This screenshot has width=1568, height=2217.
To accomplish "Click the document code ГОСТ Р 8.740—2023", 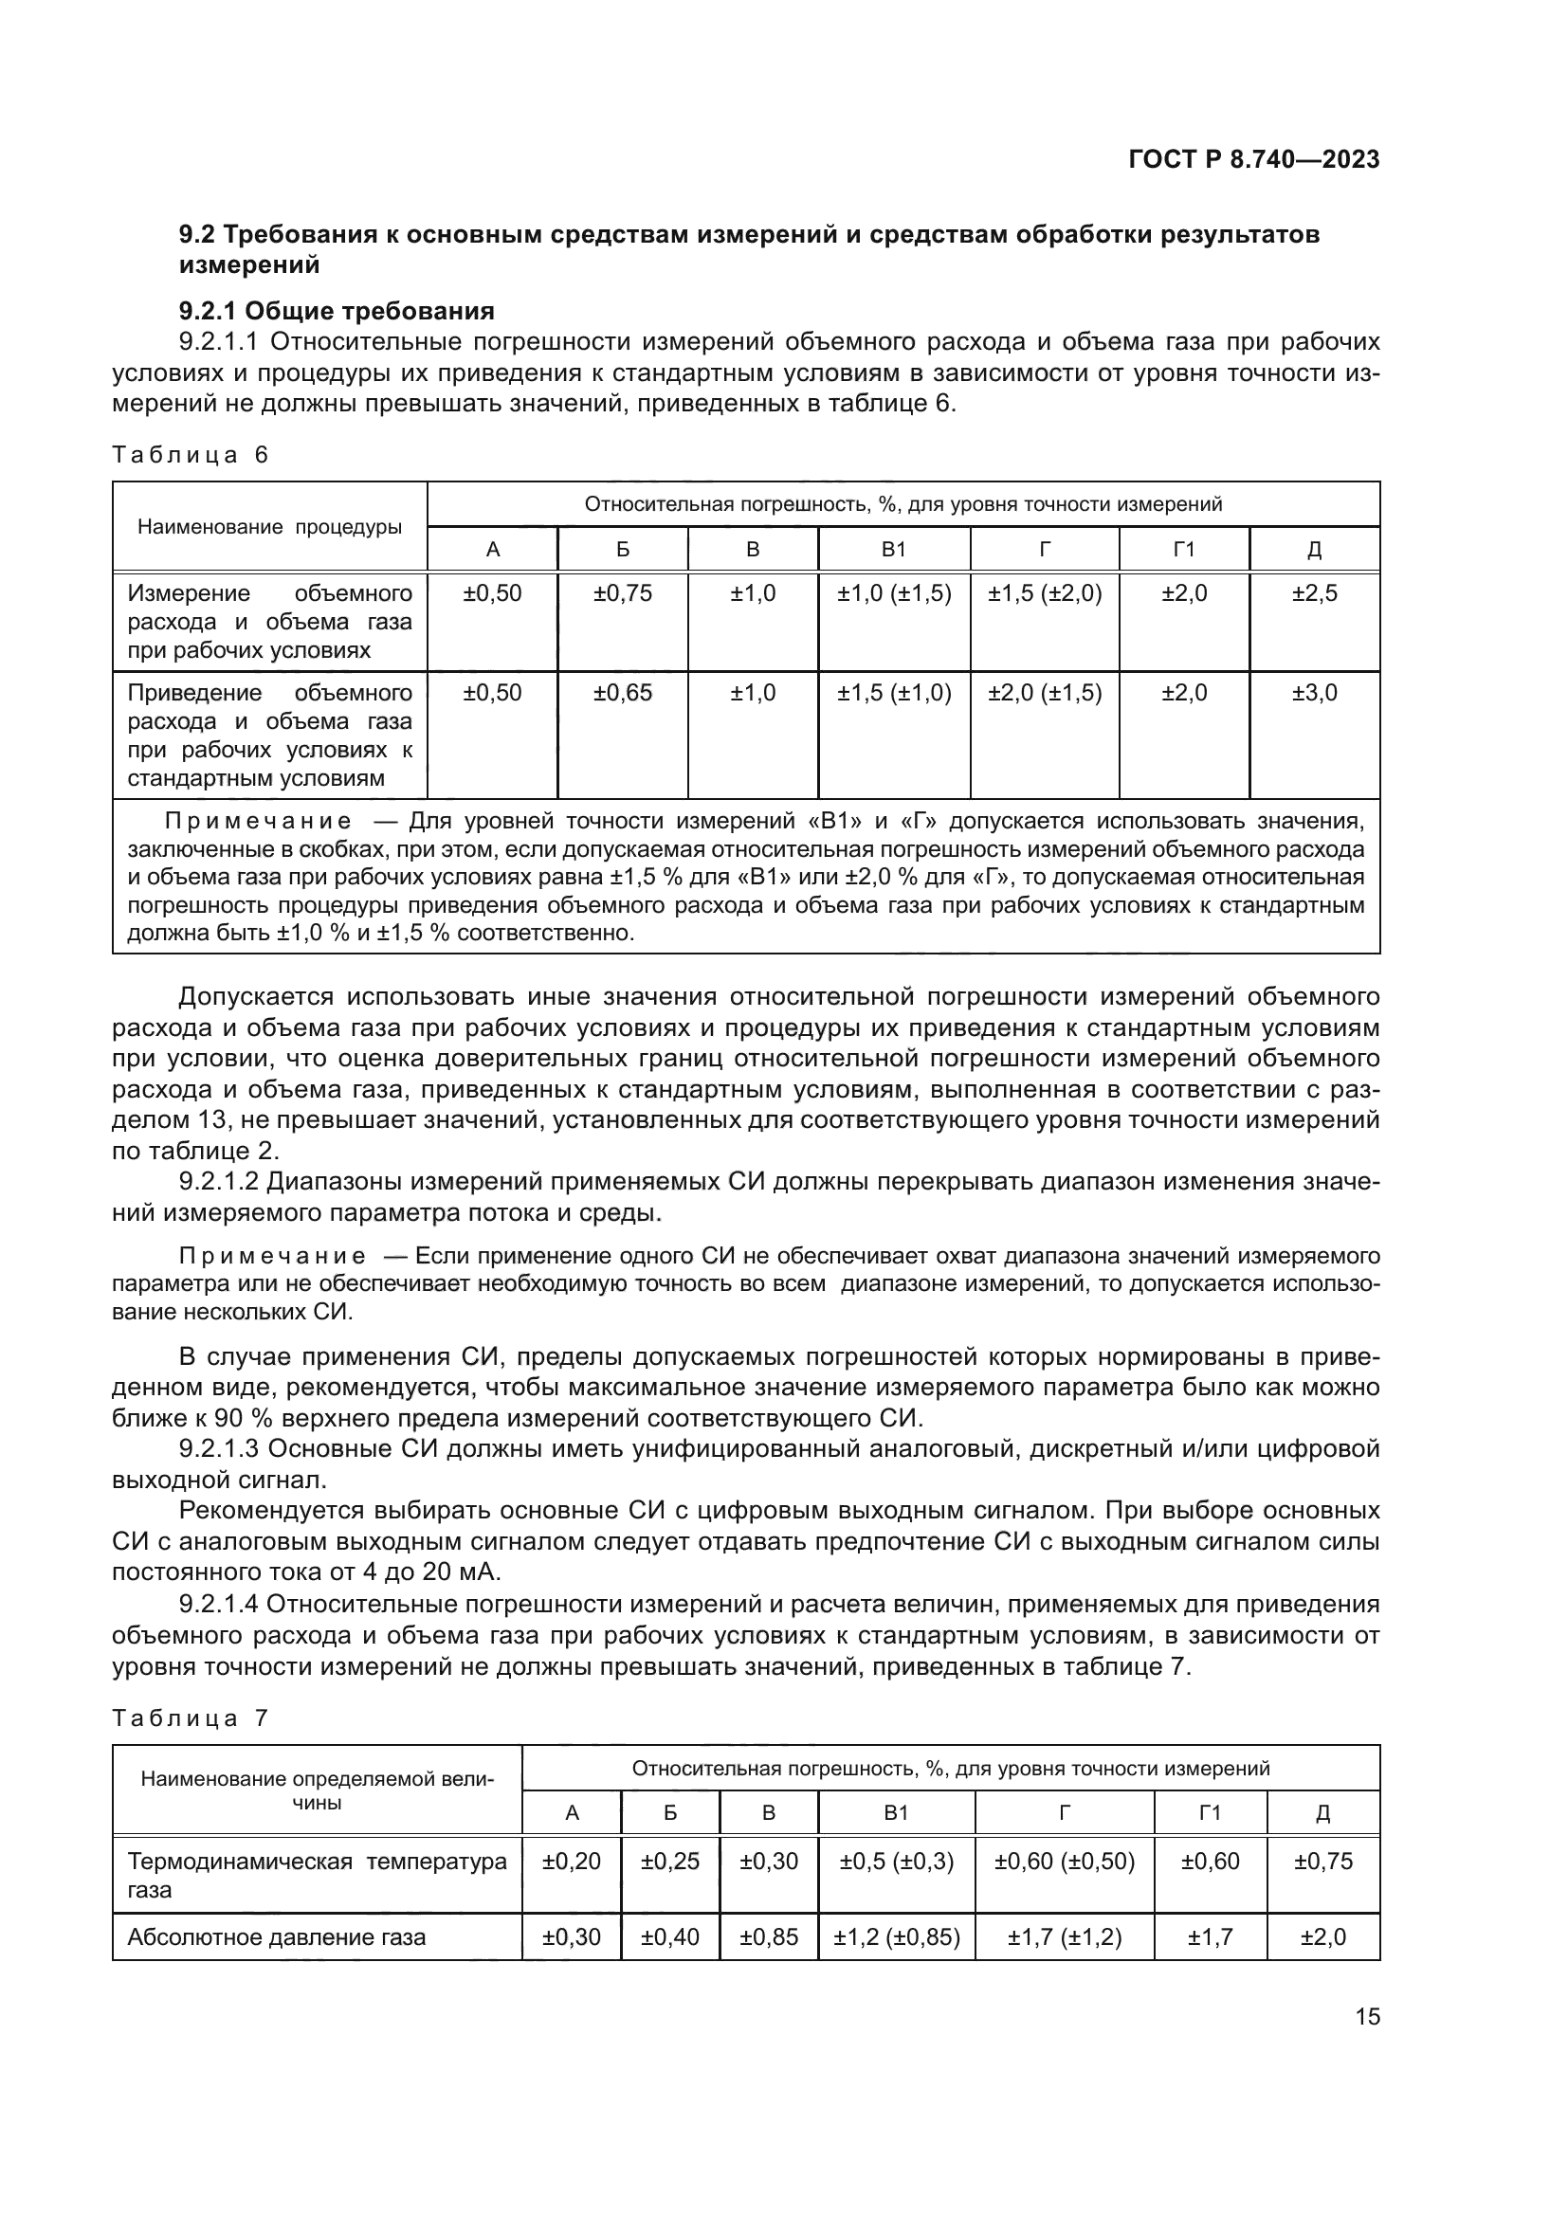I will tap(1253, 160).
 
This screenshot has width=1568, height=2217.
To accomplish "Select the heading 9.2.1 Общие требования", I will tap(336, 311).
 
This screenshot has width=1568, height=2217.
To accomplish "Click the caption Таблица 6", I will tap(191, 455).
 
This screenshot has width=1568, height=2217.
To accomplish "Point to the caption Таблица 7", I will tap(191, 1717).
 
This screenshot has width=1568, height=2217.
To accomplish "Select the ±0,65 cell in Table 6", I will tap(622, 693).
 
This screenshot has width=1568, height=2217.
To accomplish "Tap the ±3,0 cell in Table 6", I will tap(1314, 693).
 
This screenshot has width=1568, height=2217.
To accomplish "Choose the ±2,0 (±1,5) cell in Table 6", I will tap(1044, 693).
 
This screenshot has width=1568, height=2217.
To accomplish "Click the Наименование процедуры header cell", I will tap(269, 527).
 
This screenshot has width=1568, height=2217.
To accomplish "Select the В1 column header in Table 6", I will tap(893, 550).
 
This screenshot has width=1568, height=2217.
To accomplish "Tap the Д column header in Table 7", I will tap(1322, 1813).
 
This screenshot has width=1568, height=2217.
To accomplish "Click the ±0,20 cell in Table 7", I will tap(571, 1861).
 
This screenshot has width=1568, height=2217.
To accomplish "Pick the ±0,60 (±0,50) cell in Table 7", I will tap(1064, 1861).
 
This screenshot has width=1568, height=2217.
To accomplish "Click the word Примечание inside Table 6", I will tap(258, 822).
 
